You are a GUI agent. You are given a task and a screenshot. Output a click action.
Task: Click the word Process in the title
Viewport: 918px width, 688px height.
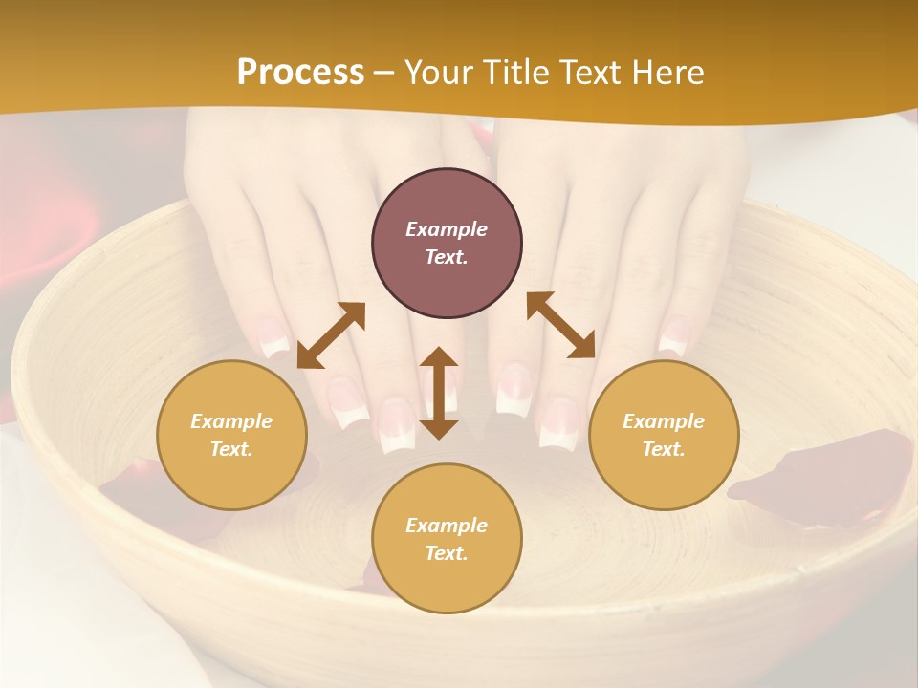click(x=300, y=73)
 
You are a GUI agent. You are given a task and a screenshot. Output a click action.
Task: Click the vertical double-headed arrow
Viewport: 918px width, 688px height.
click(x=439, y=393)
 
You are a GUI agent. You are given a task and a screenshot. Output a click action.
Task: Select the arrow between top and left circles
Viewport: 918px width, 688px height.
click(x=331, y=335)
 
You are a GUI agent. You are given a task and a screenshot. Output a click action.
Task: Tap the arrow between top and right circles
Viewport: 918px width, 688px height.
click(x=560, y=325)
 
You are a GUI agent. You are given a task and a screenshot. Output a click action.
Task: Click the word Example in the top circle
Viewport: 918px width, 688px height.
click(x=447, y=229)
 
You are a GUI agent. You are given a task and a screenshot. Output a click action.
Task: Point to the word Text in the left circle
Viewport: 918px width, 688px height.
click(x=231, y=449)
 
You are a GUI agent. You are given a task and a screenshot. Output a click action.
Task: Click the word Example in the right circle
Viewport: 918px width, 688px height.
click(x=664, y=421)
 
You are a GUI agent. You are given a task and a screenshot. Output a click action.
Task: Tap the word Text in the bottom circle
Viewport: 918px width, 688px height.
click(x=447, y=553)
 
